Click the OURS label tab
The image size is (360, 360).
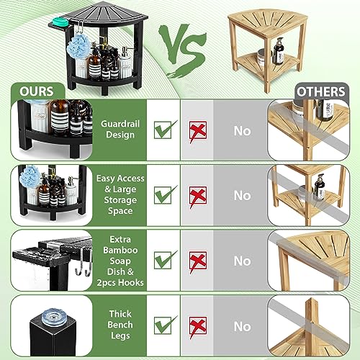point(37,91)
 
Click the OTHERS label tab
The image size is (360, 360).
point(321,91)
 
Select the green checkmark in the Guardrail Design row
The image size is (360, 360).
point(165,130)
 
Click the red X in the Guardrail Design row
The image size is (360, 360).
point(198,131)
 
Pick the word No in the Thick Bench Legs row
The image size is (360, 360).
point(243,326)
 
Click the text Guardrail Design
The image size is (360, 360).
point(120,129)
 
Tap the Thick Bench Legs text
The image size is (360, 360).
point(120,325)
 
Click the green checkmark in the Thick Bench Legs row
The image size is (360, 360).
point(165,325)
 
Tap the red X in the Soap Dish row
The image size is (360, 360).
point(198,261)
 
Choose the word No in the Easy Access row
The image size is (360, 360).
point(243,195)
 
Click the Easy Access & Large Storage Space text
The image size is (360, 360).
point(120,194)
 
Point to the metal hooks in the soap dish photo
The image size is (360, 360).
point(84,263)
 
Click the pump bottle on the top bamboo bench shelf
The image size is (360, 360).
point(279,51)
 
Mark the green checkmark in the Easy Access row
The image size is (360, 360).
point(165,194)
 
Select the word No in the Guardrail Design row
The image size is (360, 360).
point(243,131)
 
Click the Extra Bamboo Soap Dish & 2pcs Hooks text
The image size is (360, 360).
point(120,261)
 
